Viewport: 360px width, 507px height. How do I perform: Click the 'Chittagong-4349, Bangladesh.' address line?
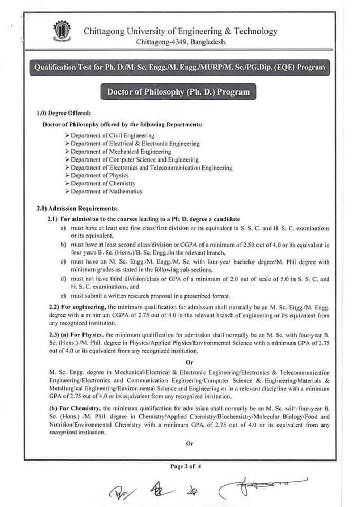tap(181, 41)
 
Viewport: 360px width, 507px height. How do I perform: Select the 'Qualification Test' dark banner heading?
tap(179, 68)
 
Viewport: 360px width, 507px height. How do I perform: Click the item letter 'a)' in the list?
tap(63, 228)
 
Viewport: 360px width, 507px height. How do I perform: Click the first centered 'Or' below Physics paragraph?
tap(190, 362)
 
